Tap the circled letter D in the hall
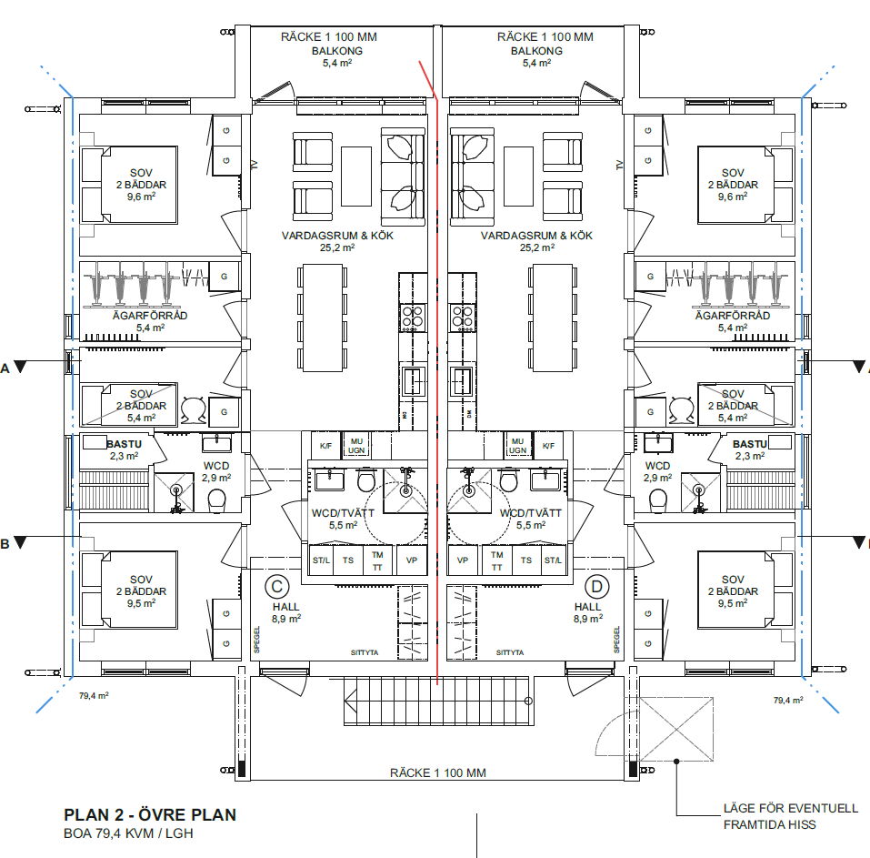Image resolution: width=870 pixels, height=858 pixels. [x=597, y=586]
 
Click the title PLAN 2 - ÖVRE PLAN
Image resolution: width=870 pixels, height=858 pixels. [x=150, y=815]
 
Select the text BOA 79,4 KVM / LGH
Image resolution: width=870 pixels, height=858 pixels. [x=128, y=833]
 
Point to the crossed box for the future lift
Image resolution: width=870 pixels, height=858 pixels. [x=675, y=727]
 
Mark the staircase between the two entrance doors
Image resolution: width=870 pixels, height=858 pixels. [x=435, y=703]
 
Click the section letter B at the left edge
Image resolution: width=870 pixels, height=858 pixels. [x=5, y=544]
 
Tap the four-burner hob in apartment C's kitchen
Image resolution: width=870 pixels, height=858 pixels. [x=413, y=317]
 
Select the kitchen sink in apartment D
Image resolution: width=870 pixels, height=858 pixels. [x=462, y=380]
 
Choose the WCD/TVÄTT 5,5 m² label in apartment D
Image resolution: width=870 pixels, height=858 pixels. [x=531, y=519]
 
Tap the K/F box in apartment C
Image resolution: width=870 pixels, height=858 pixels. [x=325, y=446]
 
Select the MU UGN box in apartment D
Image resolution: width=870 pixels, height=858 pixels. [x=517, y=446]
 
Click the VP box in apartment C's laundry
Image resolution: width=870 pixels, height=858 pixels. [x=412, y=560]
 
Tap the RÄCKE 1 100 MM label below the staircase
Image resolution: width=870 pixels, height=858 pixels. [x=437, y=772]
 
